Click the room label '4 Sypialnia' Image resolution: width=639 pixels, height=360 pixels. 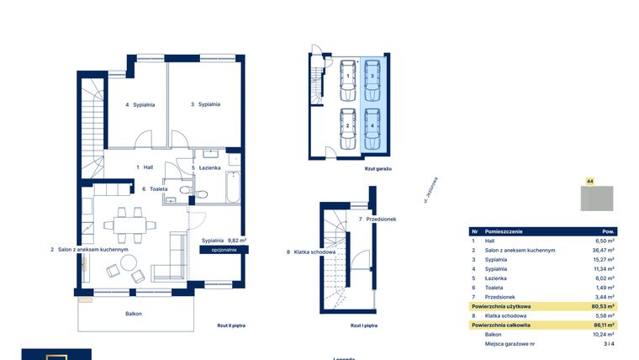pyautogui.click(x=140, y=105)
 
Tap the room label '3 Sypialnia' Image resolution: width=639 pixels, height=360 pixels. pyautogui.click(x=205, y=104)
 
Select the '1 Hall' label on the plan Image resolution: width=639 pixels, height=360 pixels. pyautogui.click(x=145, y=167)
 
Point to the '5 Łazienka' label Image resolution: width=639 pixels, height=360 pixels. pyautogui.click(x=206, y=167)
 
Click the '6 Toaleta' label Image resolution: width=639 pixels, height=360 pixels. pyautogui.click(x=155, y=189)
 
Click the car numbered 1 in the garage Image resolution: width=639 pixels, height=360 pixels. pyautogui.click(x=348, y=76)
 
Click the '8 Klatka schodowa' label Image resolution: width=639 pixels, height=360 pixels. pyautogui.click(x=311, y=251)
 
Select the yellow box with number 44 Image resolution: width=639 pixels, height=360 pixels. pyautogui.click(x=590, y=181)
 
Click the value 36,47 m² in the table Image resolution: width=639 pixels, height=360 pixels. pyautogui.click(x=604, y=251)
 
